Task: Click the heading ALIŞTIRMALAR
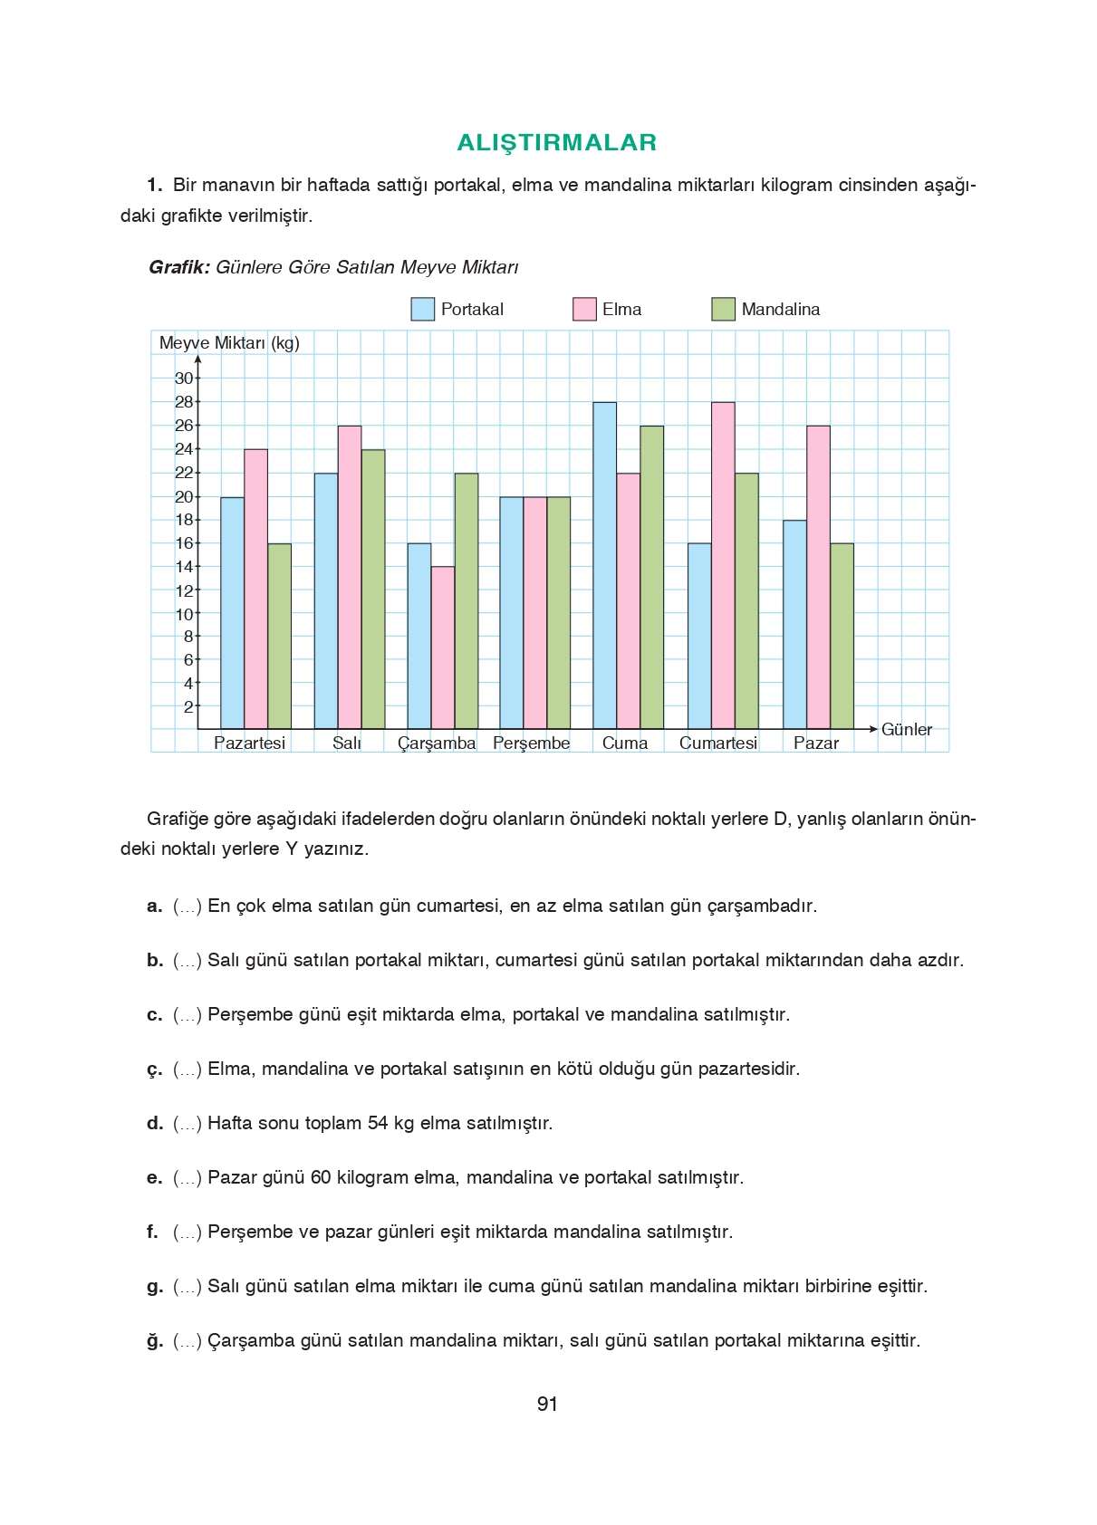[556, 142]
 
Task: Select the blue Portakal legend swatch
[422, 309]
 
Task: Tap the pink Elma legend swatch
[584, 309]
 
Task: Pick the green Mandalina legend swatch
[723, 309]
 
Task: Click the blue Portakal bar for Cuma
[604, 566]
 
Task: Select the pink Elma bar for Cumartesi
[723, 566]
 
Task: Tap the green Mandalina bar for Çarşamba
[466, 601]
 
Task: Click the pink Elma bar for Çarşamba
[442, 647]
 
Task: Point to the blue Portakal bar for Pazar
[794, 625]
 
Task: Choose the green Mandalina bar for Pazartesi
[279, 637]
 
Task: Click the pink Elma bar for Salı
[349, 578]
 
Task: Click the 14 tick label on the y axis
[184, 567]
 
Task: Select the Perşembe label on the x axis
[532, 743]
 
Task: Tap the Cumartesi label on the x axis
[718, 743]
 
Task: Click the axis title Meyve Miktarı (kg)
[229, 343]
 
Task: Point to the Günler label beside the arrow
[906, 730]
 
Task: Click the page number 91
[547, 1404]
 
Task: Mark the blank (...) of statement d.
[188, 1124]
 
